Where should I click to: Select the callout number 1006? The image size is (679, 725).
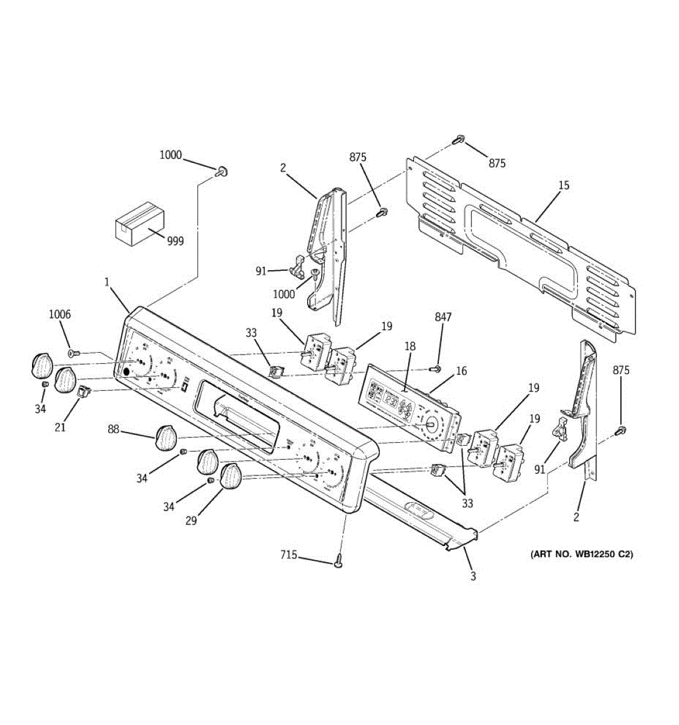click(x=60, y=314)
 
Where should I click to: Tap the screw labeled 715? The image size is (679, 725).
click(x=339, y=562)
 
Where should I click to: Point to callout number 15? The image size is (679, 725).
click(x=563, y=185)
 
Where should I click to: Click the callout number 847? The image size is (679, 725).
click(x=442, y=317)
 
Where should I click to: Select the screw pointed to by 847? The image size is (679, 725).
click(x=433, y=368)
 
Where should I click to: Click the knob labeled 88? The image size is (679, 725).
click(x=165, y=437)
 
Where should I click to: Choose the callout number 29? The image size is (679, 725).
click(x=191, y=521)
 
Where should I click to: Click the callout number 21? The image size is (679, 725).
click(x=60, y=427)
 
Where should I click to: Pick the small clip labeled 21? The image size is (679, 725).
click(x=82, y=393)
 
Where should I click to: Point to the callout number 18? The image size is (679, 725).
click(x=410, y=346)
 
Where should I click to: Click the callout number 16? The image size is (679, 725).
click(x=461, y=371)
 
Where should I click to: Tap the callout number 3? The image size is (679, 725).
click(x=473, y=576)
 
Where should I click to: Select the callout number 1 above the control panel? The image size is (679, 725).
click(x=107, y=282)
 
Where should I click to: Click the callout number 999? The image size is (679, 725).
click(x=175, y=241)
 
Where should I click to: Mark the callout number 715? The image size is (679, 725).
click(x=288, y=555)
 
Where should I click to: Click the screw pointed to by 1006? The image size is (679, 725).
click(x=73, y=352)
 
